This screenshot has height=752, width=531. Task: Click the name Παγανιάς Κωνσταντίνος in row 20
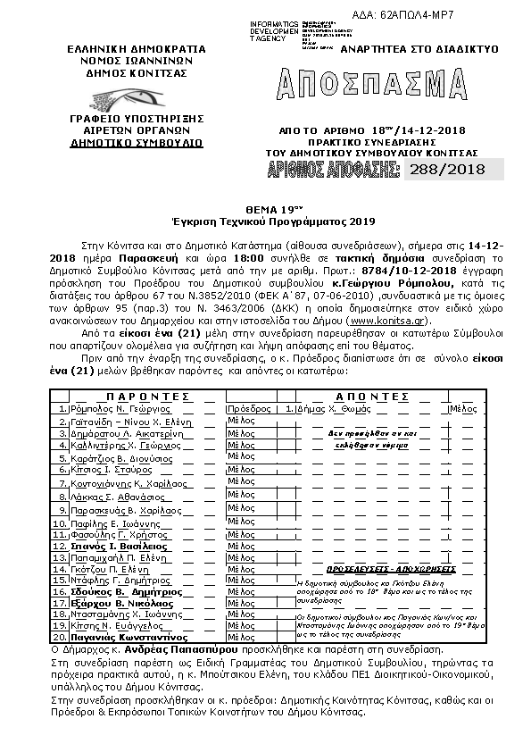point(124,638)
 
